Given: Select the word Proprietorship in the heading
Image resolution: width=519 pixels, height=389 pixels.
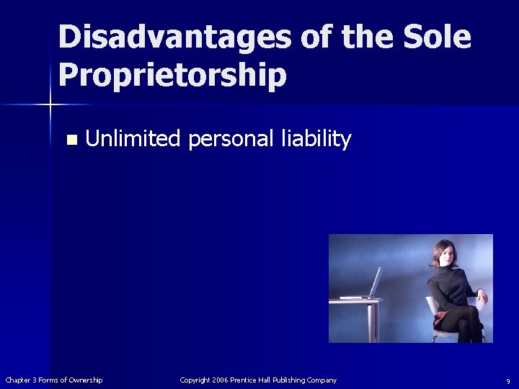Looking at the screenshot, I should [x=172, y=74].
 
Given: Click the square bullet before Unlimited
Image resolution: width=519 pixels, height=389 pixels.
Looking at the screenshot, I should [x=70, y=140].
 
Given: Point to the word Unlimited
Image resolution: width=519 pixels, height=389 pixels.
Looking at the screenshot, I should [x=133, y=138].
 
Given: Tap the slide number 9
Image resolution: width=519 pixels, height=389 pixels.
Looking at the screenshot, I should [x=507, y=380].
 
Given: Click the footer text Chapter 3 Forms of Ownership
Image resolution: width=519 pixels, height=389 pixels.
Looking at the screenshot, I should [x=54, y=380].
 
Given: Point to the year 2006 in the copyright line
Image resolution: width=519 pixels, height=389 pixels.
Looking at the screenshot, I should [x=221, y=380].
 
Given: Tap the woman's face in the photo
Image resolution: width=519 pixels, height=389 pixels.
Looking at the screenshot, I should [x=442, y=255].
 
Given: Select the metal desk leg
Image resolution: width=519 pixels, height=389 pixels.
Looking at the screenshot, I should [x=372, y=321].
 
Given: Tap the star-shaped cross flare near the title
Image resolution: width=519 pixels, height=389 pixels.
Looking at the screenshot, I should [x=51, y=105].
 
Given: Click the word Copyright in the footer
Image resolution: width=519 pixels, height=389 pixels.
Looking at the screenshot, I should [x=195, y=380].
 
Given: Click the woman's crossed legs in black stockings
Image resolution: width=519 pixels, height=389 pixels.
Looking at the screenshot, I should [x=465, y=324].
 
